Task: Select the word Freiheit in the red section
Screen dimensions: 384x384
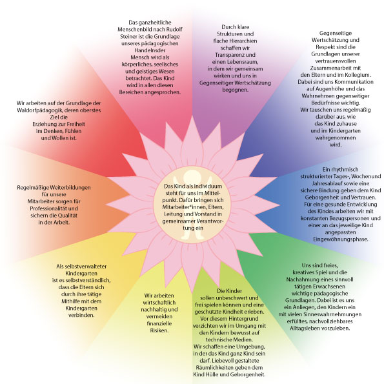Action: point(75,124)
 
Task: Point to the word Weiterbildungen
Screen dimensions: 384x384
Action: point(70,188)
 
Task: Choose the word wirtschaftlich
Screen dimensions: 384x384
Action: point(159,303)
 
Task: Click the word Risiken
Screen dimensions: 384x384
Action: point(159,330)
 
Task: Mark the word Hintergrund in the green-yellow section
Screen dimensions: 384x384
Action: point(243,319)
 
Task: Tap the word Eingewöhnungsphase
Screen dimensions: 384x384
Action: point(341,239)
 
